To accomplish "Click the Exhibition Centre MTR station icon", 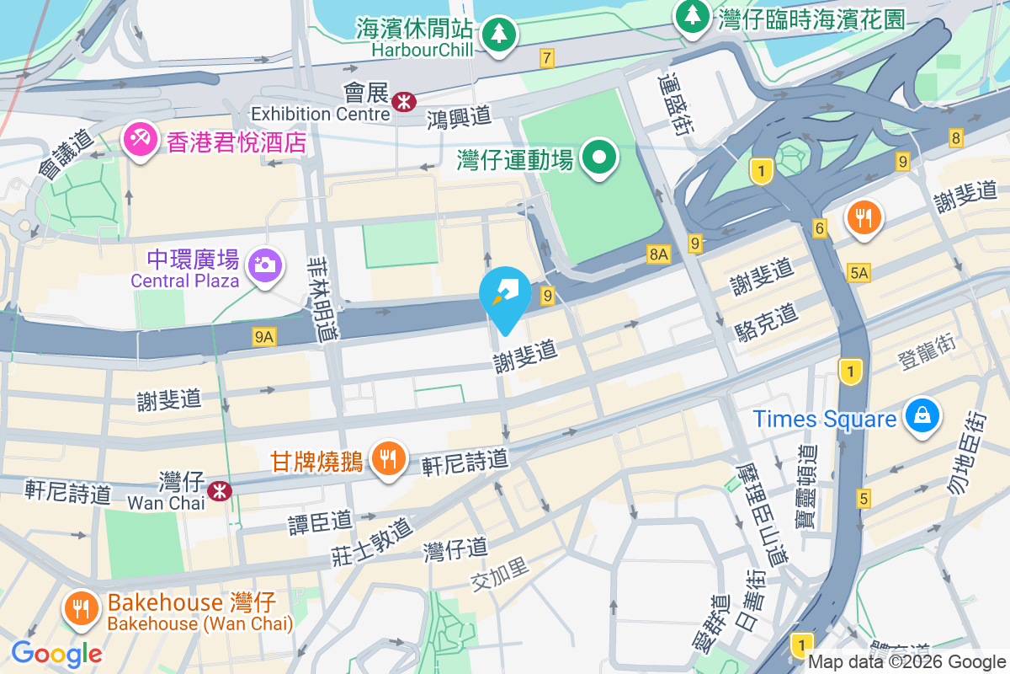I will pos(403,102).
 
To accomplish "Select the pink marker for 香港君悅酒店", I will pos(139,140).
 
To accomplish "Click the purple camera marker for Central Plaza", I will pos(264,265).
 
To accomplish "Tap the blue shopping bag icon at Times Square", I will pos(922,415).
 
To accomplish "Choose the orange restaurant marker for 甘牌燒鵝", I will pos(387,459).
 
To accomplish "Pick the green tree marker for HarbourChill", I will pos(499,34).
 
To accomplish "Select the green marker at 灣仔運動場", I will pos(598,158).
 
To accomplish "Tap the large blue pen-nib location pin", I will pos(505,294).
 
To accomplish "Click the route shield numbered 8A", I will pos(658,254).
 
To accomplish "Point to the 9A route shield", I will pos(264,337).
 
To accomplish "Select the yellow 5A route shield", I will pos(858,272).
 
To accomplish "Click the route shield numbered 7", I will pos(548,58).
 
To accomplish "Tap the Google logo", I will pos(56,653).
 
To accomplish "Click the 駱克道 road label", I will pos(764,318).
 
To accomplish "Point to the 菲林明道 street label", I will pos(323,298).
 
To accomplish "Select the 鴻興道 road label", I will pos(459,116).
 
